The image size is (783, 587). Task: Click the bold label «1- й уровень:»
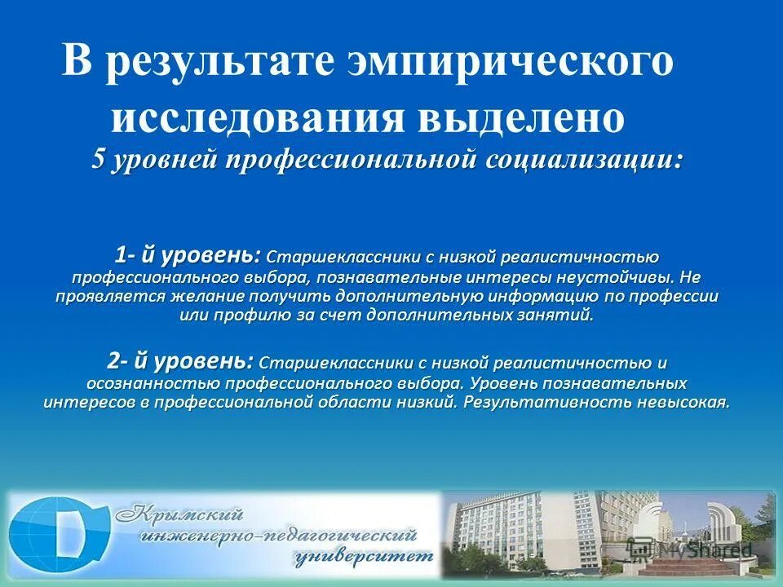[188, 256]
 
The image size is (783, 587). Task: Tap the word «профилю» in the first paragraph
[237, 316]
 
